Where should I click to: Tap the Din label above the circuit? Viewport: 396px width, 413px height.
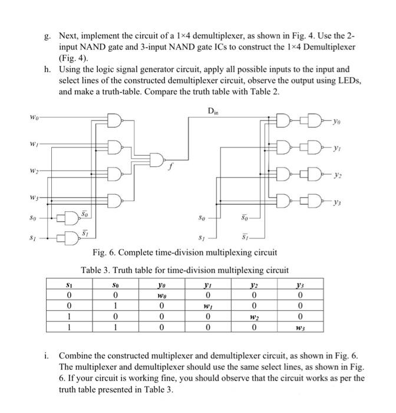[x=214, y=110]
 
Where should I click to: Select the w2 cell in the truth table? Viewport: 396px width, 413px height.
[x=252, y=316]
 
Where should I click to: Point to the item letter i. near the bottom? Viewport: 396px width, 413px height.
[x=47, y=356]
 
